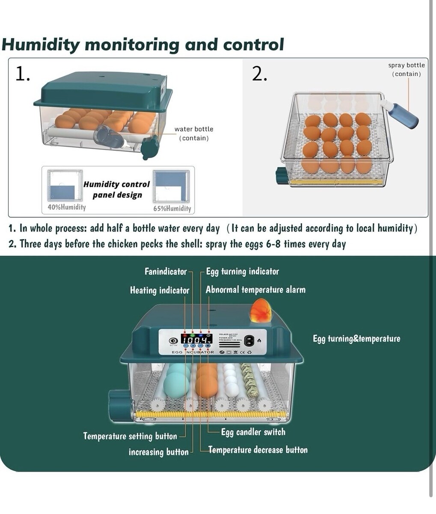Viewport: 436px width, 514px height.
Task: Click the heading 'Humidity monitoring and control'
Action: (x=143, y=45)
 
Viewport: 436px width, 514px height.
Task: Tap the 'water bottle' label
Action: (x=193, y=129)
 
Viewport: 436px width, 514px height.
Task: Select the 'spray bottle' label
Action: (x=406, y=65)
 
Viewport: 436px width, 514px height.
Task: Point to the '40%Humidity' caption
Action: (x=66, y=207)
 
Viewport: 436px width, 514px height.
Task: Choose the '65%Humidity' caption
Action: (x=172, y=209)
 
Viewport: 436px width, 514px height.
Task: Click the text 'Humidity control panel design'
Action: (x=117, y=189)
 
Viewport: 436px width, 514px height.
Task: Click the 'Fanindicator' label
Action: (x=165, y=272)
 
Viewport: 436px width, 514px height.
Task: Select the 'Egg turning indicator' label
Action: (x=242, y=272)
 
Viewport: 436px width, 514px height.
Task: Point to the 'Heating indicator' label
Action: (x=159, y=290)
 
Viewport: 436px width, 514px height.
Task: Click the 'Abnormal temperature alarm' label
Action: (x=255, y=290)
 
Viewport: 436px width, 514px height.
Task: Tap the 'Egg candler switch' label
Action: (x=253, y=432)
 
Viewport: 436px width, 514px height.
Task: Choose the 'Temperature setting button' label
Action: (x=130, y=436)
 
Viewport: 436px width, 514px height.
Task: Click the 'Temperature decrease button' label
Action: (x=258, y=450)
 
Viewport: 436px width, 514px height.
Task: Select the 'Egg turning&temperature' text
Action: (x=356, y=339)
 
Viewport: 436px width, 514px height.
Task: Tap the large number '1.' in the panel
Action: (x=23, y=74)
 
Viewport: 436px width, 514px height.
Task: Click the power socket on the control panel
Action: (x=249, y=341)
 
